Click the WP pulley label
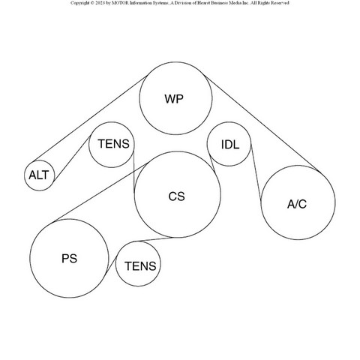click(174, 99)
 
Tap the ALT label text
click(39, 175)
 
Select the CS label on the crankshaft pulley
click(177, 196)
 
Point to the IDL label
click(230, 145)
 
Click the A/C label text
click(297, 204)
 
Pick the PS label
click(69, 259)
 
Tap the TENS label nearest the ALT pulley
click(114, 144)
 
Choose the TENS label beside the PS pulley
click(140, 266)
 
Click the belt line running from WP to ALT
click(90, 118)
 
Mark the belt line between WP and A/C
click(262, 123)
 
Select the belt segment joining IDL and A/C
click(256, 172)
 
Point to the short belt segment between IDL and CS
click(212, 163)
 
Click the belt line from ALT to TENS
click(73, 158)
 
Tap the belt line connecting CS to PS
click(101, 192)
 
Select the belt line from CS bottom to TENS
click(154, 239)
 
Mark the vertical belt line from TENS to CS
click(134, 172)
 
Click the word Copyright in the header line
click(79, 3)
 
